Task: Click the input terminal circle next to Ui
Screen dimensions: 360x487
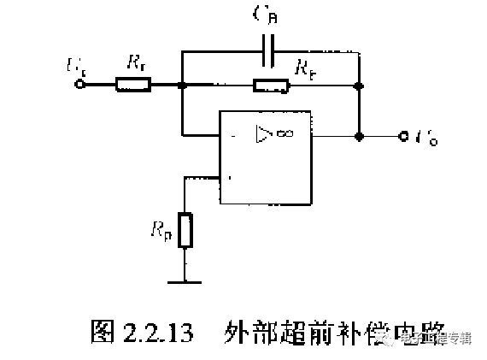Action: (x=81, y=85)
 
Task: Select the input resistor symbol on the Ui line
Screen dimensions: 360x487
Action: (x=133, y=85)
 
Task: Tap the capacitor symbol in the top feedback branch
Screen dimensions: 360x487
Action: (x=271, y=50)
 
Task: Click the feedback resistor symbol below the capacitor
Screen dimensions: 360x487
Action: (x=271, y=85)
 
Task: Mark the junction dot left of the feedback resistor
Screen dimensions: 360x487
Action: (x=182, y=85)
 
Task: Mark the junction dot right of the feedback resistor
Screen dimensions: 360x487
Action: (x=360, y=85)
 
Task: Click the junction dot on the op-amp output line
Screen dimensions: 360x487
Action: (x=360, y=136)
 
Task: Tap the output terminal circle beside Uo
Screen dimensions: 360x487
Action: (x=402, y=136)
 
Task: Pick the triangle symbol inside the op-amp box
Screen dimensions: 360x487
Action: (x=262, y=133)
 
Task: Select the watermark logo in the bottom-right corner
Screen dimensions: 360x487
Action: (x=396, y=339)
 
